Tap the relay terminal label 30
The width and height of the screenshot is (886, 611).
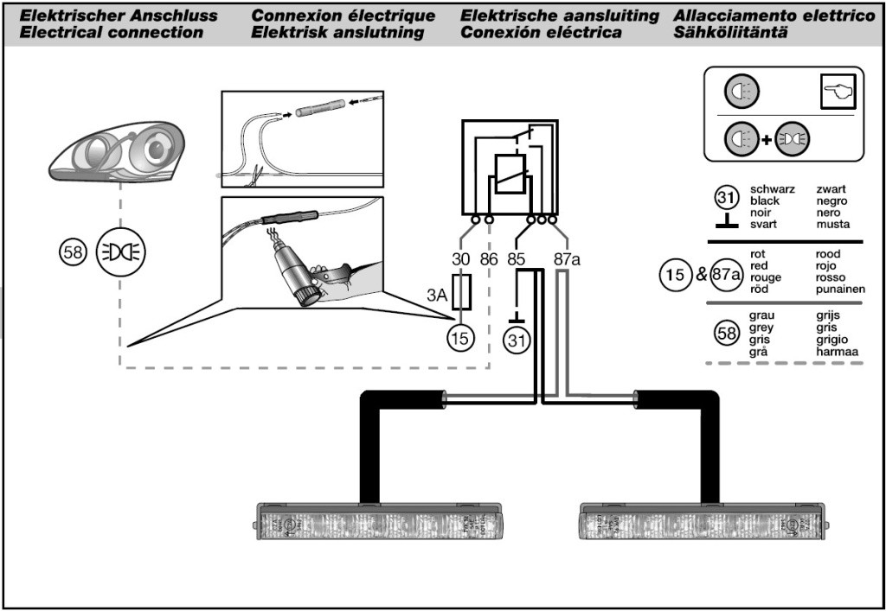[x=462, y=258]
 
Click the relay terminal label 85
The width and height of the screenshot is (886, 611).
[x=517, y=258]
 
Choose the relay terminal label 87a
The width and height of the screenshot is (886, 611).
[x=566, y=258]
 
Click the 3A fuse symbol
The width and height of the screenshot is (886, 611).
[x=462, y=294]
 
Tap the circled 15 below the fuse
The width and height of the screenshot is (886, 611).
[x=462, y=339]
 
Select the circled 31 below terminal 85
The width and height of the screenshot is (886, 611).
[x=517, y=341]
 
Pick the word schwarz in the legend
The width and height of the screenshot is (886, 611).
[x=773, y=189]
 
